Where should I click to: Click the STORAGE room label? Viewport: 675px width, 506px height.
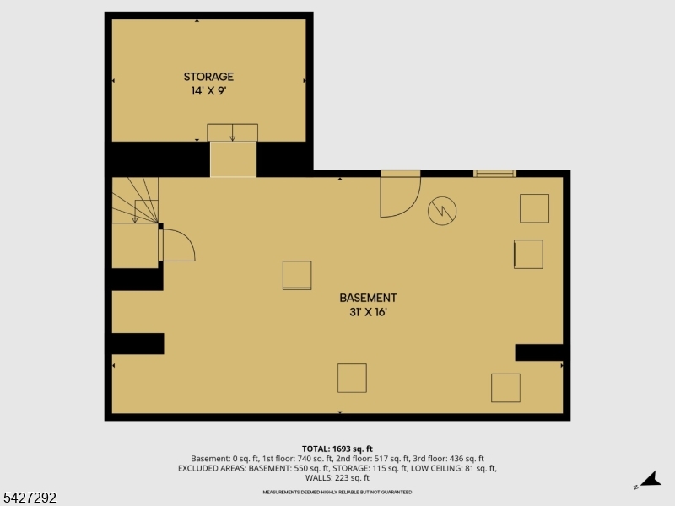[x=210, y=77]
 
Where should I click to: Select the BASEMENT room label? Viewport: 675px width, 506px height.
[x=368, y=298]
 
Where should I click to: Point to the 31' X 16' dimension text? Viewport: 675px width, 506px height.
[x=368, y=311]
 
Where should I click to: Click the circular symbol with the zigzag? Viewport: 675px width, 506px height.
[x=441, y=211]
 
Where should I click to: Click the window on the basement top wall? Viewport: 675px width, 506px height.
[x=494, y=174]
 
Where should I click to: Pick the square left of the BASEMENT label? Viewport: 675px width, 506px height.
[x=296, y=275]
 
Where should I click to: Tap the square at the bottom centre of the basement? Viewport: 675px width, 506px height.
[x=352, y=378]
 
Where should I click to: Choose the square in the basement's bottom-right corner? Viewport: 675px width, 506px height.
[x=505, y=388]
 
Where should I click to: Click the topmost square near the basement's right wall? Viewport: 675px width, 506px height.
[x=534, y=207]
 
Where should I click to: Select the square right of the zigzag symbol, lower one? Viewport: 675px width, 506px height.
[x=528, y=254]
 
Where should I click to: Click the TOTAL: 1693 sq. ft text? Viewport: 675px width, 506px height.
[x=337, y=449]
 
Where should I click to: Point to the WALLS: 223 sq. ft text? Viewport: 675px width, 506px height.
[x=337, y=478]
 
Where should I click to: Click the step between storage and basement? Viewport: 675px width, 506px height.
[x=233, y=159]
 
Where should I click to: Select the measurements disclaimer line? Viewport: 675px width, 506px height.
[x=337, y=491]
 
